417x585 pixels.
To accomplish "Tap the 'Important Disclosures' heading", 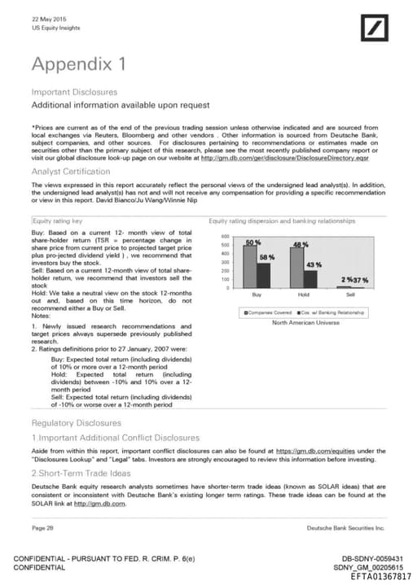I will click(74, 92).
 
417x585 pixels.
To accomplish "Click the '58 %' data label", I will click(266, 257).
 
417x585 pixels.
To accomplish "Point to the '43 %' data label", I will click(314, 265).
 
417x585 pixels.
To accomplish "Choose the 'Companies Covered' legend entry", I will click(266, 312).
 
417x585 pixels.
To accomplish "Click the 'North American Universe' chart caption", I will click(306, 323).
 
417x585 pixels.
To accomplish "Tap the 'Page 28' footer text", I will click(43, 527).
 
